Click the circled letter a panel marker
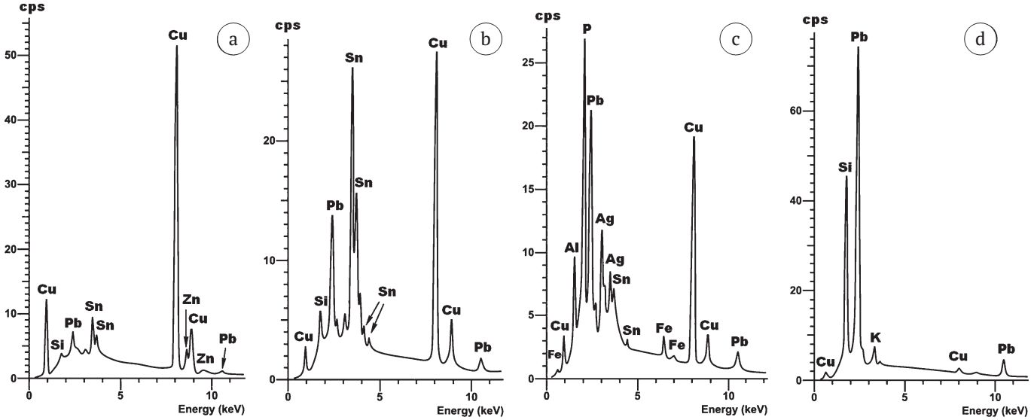(233, 40)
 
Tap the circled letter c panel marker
(736, 40)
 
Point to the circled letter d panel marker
(980, 40)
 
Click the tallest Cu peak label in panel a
(178, 35)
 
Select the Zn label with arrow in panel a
(191, 300)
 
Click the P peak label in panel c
(586, 29)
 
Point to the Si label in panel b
(322, 301)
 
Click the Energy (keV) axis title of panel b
(471, 411)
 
